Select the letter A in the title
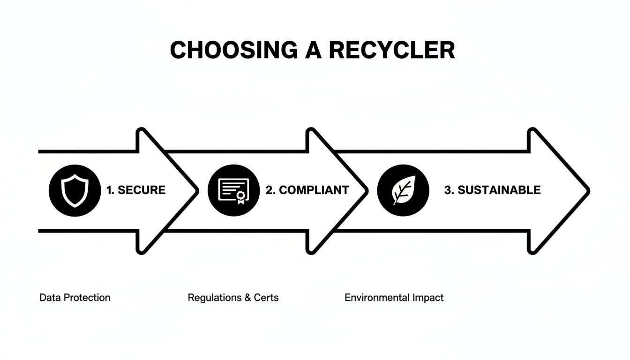(x=313, y=50)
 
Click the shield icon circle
(x=75, y=190)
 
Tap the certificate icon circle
(x=233, y=190)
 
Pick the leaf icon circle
(x=403, y=190)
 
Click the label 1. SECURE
(x=135, y=190)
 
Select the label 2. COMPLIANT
(x=307, y=190)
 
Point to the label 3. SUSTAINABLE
(x=492, y=190)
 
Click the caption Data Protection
(x=75, y=298)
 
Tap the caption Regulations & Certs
(x=233, y=298)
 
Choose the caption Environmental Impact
(x=394, y=298)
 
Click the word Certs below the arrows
(x=266, y=298)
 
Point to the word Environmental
(x=377, y=298)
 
